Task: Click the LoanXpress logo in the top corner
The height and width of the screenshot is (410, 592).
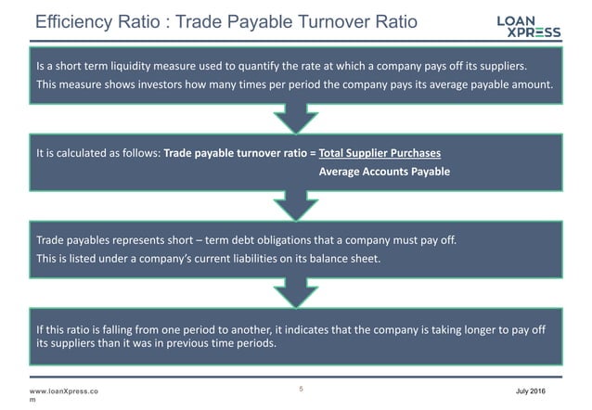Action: [x=530, y=25]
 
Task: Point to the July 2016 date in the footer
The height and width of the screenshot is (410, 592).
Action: [x=544, y=391]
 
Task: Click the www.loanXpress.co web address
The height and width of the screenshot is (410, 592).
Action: [x=63, y=391]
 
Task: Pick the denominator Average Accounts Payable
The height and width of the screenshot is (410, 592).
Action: [x=384, y=173]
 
